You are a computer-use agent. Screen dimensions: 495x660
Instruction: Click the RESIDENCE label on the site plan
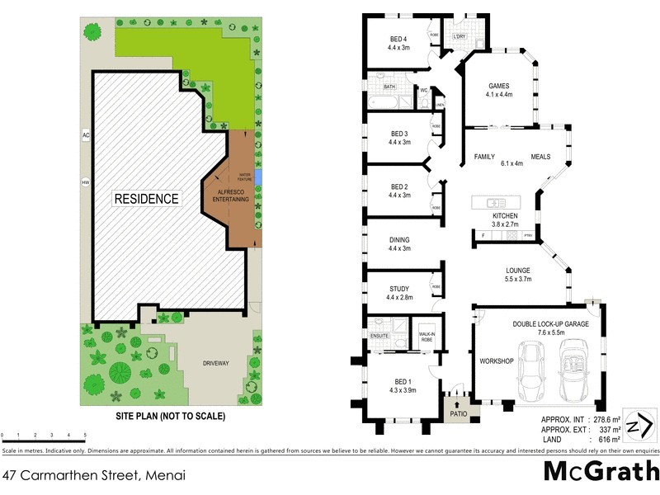point(146,199)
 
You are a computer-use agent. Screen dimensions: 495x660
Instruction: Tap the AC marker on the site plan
point(85,134)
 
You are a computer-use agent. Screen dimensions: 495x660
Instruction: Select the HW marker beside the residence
point(85,182)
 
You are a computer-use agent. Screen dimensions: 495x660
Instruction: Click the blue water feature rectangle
point(260,177)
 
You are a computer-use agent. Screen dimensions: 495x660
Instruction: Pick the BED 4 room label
point(398,43)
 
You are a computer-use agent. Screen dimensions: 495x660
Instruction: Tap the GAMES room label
point(498,90)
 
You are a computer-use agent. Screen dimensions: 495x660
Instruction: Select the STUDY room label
point(399,293)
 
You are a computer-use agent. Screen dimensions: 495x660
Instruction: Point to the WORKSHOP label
point(497,362)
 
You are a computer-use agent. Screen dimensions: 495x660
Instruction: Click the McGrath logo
point(601,472)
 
